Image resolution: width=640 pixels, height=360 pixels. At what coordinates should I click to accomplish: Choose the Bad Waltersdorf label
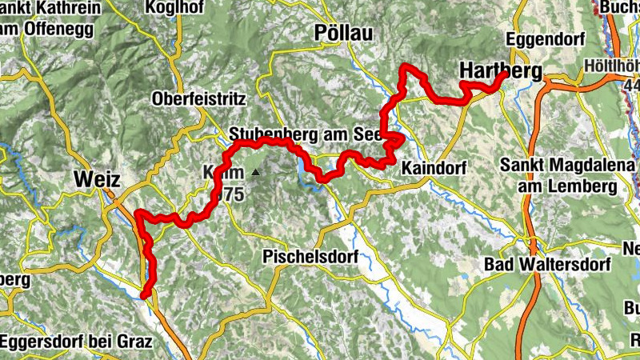click(547, 264)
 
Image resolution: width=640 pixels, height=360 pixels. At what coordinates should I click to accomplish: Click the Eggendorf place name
click(546, 39)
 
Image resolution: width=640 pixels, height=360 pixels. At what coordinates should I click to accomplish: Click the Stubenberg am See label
click(298, 134)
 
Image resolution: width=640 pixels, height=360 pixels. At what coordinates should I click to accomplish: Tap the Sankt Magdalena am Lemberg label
click(558, 176)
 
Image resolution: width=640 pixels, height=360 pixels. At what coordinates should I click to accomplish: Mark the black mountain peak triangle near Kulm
click(255, 172)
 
